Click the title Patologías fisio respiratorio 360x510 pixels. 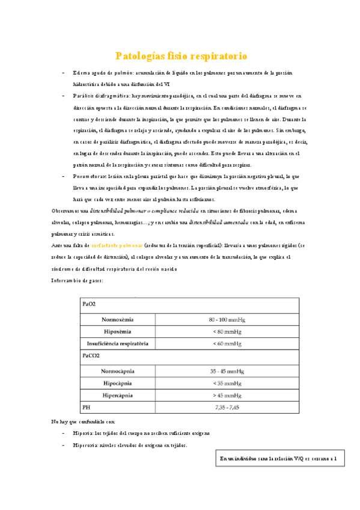point(181,57)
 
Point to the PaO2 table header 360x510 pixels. point(89,305)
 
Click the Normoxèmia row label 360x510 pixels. point(118,319)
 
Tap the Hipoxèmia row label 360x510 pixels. point(118,331)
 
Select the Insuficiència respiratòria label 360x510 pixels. point(118,344)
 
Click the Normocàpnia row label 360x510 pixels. point(118,370)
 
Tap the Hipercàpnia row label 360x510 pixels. point(118,396)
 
